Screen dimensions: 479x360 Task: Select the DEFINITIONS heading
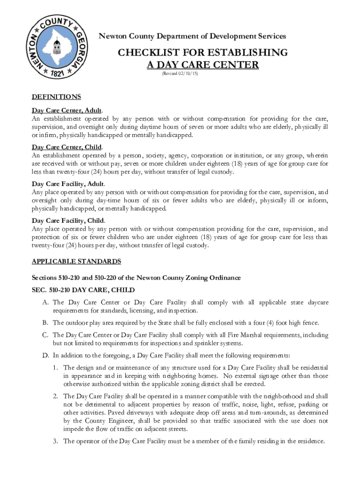[x=56, y=97]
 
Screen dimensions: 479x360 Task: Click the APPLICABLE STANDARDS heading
[x=76, y=261]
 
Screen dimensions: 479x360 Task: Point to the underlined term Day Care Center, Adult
[x=66, y=110]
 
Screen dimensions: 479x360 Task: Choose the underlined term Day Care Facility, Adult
[x=68, y=184]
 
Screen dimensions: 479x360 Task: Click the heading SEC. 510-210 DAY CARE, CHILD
[x=83, y=290]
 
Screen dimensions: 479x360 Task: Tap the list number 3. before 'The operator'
[x=56, y=441]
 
